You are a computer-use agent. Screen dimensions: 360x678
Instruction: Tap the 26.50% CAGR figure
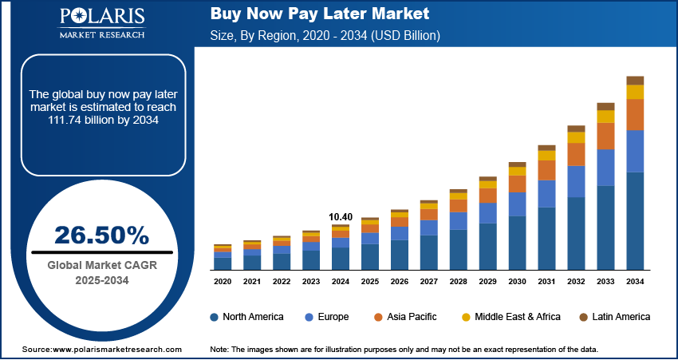101,235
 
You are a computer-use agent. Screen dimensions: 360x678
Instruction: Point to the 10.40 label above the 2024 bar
341,216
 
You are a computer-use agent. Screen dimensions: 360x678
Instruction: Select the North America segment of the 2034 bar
635,220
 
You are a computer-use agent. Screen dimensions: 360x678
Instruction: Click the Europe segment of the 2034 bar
635,151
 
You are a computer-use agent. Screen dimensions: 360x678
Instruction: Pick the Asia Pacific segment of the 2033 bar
605,136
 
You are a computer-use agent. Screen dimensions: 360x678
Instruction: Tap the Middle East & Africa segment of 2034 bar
635,92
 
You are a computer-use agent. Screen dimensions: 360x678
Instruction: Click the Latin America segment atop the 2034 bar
635,80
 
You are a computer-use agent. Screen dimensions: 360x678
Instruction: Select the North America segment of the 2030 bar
517,243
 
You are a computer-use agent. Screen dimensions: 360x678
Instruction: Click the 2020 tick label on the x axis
223,282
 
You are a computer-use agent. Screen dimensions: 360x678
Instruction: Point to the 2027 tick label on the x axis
429,282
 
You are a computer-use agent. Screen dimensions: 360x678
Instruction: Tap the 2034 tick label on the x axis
635,282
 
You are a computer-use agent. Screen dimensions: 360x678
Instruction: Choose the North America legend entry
246,317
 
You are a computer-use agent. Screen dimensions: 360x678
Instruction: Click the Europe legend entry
326,317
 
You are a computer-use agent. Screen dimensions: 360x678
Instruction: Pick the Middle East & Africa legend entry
510,317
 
